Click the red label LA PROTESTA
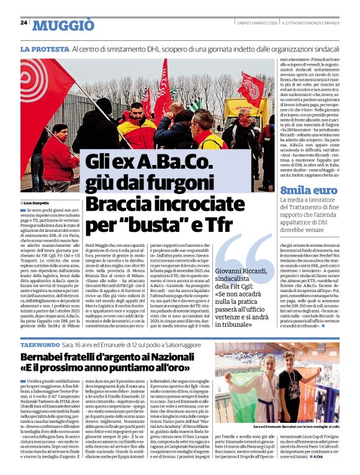(x=44, y=48)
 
